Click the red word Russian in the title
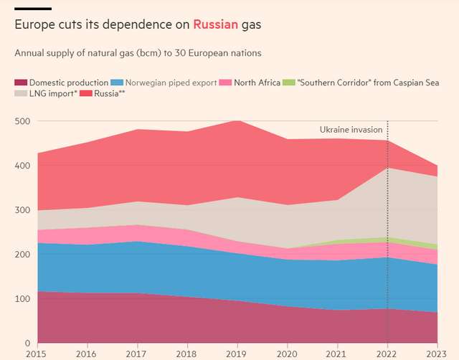pyautogui.click(x=215, y=24)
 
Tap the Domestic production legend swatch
pyautogui.click(x=19, y=82)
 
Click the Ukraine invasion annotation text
pyautogui.click(x=351, y=130)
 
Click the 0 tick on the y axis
pyautogui.click(x=27, y=344)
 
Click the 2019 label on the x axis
pyautogui.click(x=237, y=354)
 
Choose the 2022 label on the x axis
pyautogui.click(x=387, y=354)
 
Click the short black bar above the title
pyautogui.click(x=32, y=8)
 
